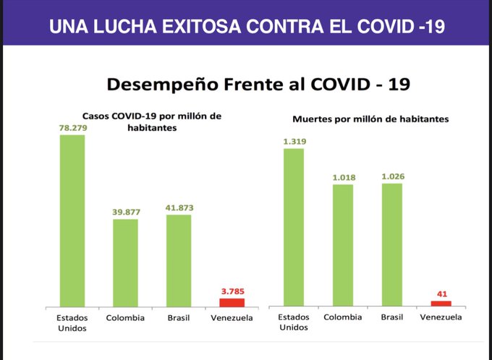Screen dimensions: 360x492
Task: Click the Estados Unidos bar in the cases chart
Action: tap(72, 220)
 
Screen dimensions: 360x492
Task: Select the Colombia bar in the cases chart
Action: tap(125, 262)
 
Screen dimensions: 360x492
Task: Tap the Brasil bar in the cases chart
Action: tap(179, 260)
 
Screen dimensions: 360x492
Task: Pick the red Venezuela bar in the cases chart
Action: tap(232, 302)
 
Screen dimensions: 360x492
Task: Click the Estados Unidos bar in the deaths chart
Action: tap(294, 227)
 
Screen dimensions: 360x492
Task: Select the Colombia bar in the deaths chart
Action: tap(343, 245)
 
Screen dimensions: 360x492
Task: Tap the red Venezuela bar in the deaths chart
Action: tap(441, 304)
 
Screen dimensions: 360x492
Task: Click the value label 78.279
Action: tap(72, 127)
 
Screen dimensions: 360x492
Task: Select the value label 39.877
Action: tap(125, 212)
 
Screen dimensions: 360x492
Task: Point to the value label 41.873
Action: tap(179, 207)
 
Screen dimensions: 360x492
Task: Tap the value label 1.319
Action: tap(294, 142)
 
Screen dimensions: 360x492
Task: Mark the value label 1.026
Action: tap(391, 176)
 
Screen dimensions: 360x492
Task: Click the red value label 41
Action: tap(441, 294)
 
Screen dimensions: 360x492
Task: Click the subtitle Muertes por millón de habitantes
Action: tap(370, 118)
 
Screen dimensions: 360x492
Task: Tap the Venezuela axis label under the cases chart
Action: tap(232, 318)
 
